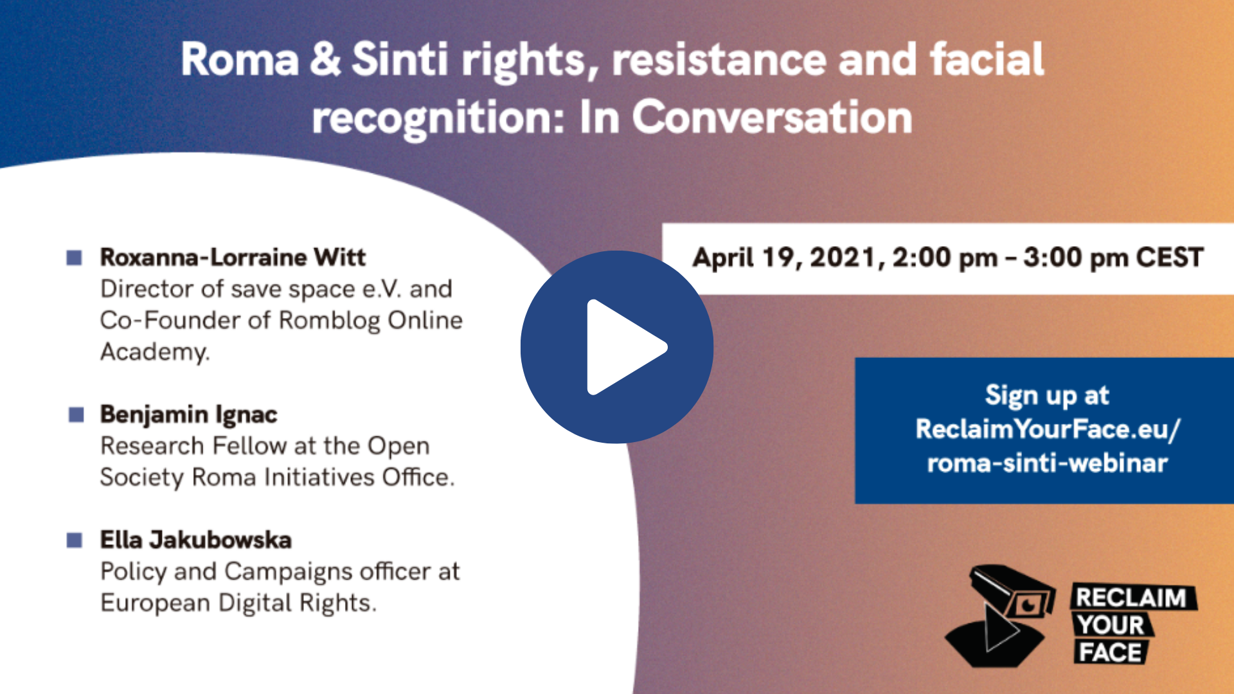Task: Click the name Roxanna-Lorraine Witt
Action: pyautogui.click(x=233, y=257)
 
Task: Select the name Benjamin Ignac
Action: pyautogui.click(x=189, y=415)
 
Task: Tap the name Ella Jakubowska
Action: pyautogui.click(x=196, y=540)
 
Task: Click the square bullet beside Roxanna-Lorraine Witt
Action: pyautogui.click(x=75, y=258)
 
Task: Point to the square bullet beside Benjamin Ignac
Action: pyautogui.click(x=76, y=415)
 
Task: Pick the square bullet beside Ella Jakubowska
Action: pyautogui.click(x=75, y=540)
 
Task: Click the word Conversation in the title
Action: pyautogui.click(x=772, y=117)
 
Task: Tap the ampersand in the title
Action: pyautogui.click(x=325, y=58)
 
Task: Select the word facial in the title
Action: pyautogui.click(x=987, y=58)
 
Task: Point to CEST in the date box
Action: pyautogui.click(x=1170, y=258)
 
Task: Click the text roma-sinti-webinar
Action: pyautogui.click(x=1048, y=463)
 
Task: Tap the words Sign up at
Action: pyautogui.click(x=1048, y=396)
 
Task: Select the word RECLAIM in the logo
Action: pyautogui.click(x=1132, y=598)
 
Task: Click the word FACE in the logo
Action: pyautogui.click(x=1110, y=652)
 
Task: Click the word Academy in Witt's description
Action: pyautogui.click(x=155, y=352)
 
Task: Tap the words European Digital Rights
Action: pyautogui.click(x=238, y=603)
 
